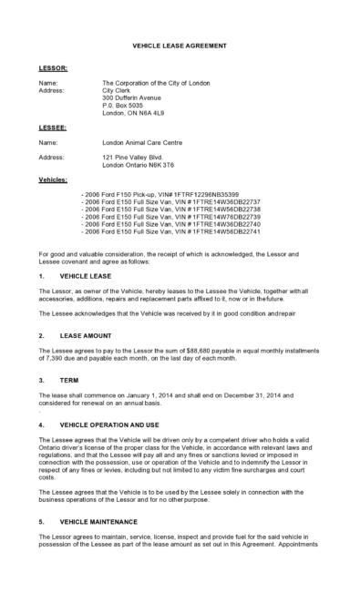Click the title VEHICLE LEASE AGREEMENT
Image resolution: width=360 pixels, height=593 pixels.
[x=180, y=45]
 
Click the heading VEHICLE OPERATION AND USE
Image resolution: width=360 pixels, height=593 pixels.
[x=108, y=424]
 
